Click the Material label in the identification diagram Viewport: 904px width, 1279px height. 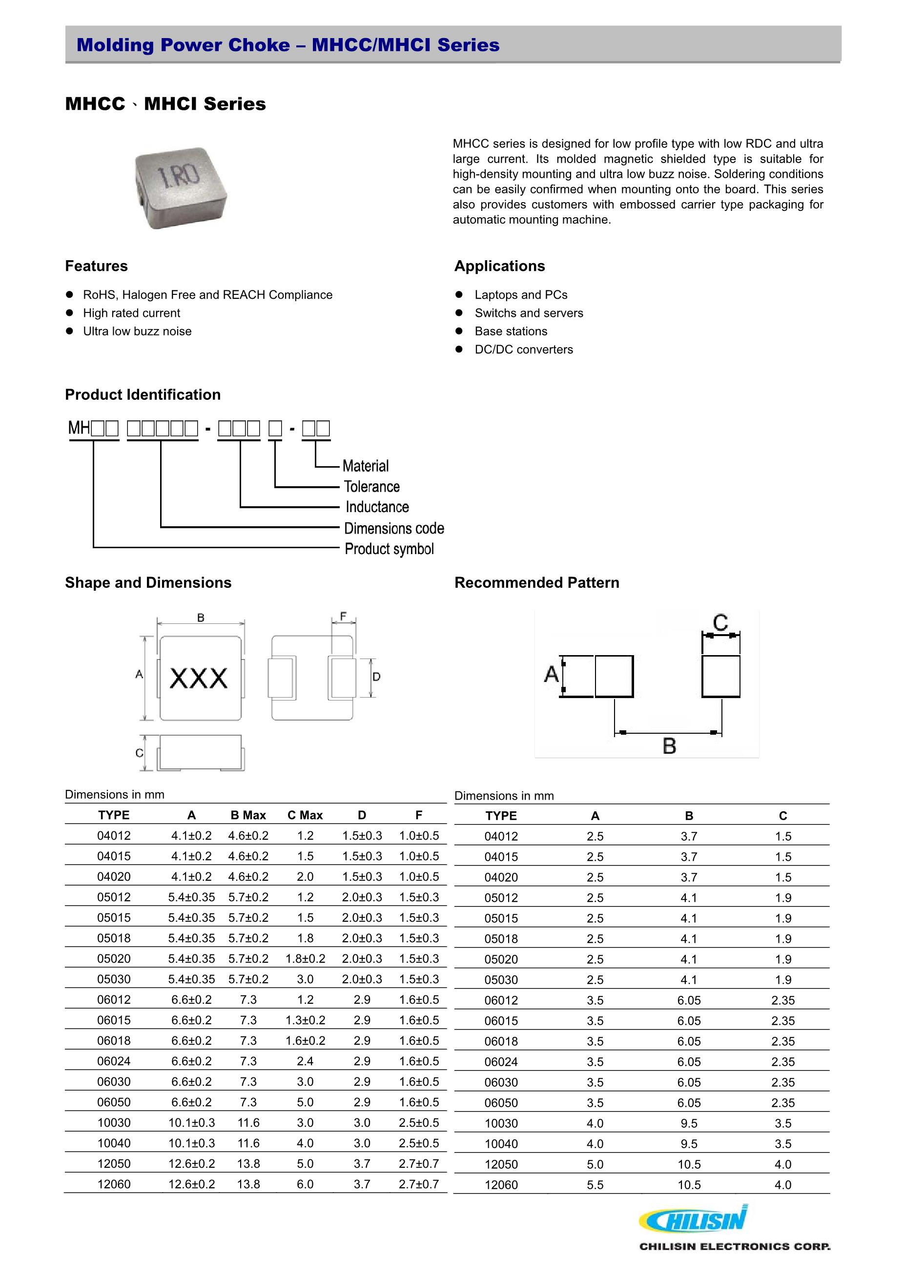[x=366, y=466]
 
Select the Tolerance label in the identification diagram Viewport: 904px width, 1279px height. [x=371, y=486]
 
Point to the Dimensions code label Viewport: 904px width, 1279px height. [x=394, y=528]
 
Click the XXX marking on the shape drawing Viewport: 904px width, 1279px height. [x=198, y=678]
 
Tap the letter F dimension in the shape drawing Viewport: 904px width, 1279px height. [x=343, y=616]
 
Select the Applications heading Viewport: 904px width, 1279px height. [x=500, y=266]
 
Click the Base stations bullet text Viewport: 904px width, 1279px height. [x=511, y=331]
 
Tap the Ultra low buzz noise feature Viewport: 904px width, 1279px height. [x=137, y=331]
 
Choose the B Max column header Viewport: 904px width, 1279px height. [x=248, y=815]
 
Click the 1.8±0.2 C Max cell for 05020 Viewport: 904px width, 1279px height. [x=305, y=959]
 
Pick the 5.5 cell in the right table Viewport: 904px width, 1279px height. [x=595, y=1185]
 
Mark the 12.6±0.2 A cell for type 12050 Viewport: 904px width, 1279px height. [x=192, y=1164]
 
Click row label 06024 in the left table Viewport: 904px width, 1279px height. [x=114, y=1061]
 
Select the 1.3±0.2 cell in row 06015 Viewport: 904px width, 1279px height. [x=305, y=1020]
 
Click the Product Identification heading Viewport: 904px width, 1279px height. [x=143, y=394]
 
